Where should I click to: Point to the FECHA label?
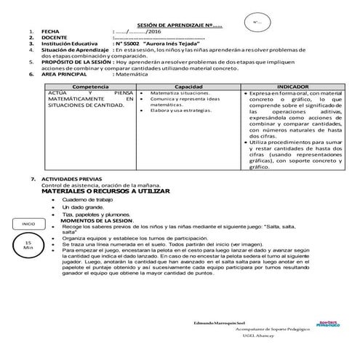click(x=51, y=33)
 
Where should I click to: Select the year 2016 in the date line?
click(x=154, y=33)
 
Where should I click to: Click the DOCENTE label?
click(x=53, y=39)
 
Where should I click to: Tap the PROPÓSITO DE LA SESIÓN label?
click(x=77, y=63)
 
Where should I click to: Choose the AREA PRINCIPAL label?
click(x=65, y=74)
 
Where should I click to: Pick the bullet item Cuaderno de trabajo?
click(x=88, y=199)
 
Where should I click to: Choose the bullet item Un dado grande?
click(x=81, y=207)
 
